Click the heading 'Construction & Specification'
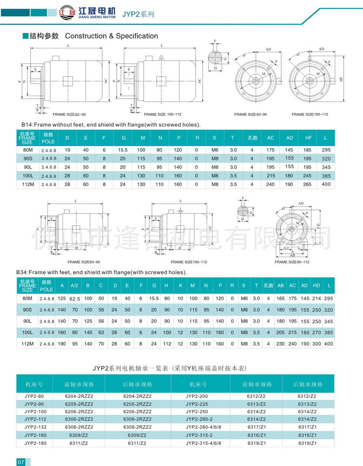pyautogui.click(x=111, y=36)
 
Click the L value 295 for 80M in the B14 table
pyautogui.click(x=326, y=150)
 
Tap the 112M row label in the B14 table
pyautogui.click(x=28, y=184)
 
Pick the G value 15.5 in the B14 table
pyautogui.click(x=123, y=150)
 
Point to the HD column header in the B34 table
pyautogui.click(x=317, y=285)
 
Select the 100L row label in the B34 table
pyautogui.click(x=28, y=333)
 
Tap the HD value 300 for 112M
pyautogui.click(x=317, y=344)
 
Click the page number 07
pyautogui.click(x=21, y=462)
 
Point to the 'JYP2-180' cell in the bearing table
pyautogui.click(x=34, y=443)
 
